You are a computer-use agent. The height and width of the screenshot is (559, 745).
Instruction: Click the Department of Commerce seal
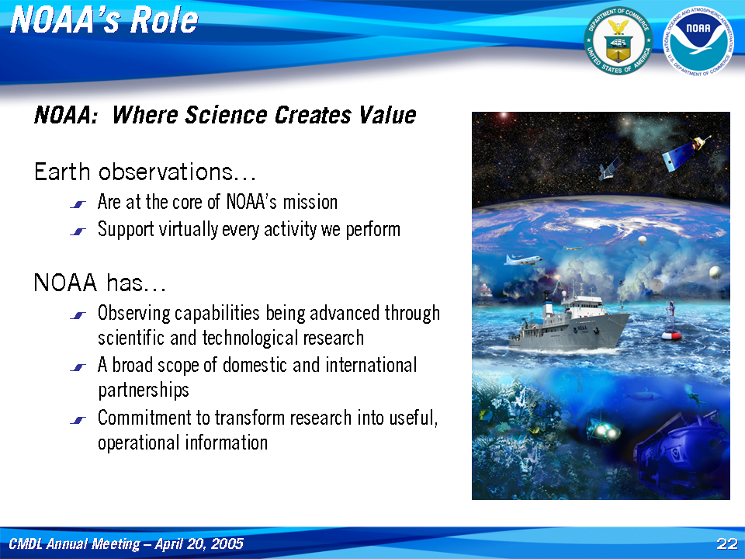pyautogui.click(x=619, y=41)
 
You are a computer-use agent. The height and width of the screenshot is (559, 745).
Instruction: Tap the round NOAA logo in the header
pyautogui.click(x=698, y=41)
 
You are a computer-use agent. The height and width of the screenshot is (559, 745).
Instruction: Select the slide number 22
pyautogui.click(x=727, y=543)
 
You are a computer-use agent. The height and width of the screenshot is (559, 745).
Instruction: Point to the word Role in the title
pyautogui.click(x=165, y=20)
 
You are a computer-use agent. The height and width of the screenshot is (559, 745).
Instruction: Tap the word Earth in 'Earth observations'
pyautogui.click(x=62, y=172)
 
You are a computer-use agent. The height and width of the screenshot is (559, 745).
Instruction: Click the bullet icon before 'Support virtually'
pyautogui.click(x=78, y=231)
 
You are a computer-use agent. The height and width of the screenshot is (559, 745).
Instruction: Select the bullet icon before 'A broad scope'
pyautogui.click(x=78, y=367)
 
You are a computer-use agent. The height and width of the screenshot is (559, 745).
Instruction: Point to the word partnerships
pyautogui.click(x=144, y=391)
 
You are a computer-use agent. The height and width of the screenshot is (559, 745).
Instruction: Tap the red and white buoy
pyautogui.click(x=670, y=322)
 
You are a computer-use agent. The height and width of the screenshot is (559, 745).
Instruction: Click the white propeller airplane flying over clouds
pyautogui.click(x=523, y=259)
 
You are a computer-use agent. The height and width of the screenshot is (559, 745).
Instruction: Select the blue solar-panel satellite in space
pyautogui.click(x=685, y=152)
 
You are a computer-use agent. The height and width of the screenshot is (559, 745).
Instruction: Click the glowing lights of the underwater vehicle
pyautogui.click(x=605, y=430)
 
